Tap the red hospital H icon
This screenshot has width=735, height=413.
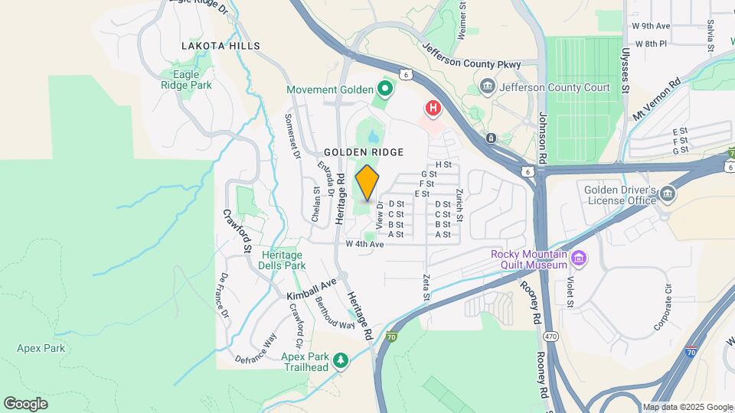tap(433, 109)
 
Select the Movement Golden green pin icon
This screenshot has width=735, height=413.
tap(384, 90)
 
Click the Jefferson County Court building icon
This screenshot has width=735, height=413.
tap(487, 87)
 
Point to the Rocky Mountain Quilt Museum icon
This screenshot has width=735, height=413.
tap(579, 259)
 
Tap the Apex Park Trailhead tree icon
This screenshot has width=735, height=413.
tap(341, 359)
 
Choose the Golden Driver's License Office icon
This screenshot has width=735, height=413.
tap(668, 195)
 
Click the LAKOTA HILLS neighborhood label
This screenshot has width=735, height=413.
tap(220, 46)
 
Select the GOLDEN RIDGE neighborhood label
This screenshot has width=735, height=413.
tap(364, 153)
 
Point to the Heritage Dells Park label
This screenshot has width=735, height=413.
tap(283, 260)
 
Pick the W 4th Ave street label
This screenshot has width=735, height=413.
tap(364, 244)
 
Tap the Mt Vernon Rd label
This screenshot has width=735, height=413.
tap(656, 100)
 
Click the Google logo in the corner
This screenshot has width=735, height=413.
tap(25, 403)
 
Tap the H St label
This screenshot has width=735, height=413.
tap(443, 164)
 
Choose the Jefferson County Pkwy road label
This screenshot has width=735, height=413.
tap(471, 56)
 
